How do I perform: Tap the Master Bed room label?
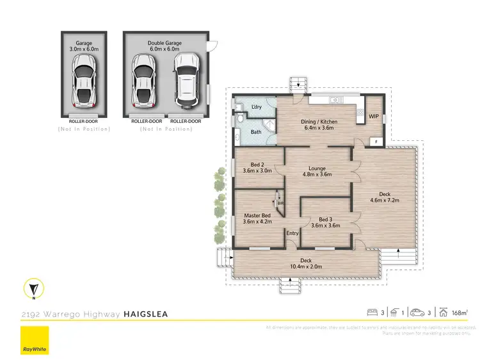[x=257, y=218]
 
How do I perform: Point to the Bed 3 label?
[x=324, y=222]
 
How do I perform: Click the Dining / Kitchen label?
[x=319, y=126]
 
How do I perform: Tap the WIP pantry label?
[x=374, y=116]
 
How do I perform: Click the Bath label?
[x=256, y=133]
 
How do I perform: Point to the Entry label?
[x=292, y=233]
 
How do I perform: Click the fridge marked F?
[x=377, y=141]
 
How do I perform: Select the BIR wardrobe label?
[x=280, y=203]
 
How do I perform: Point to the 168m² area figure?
[x=458, y=313]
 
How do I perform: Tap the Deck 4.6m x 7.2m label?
[x=385, y=197]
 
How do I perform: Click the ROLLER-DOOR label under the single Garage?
[x=84, y=120]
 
